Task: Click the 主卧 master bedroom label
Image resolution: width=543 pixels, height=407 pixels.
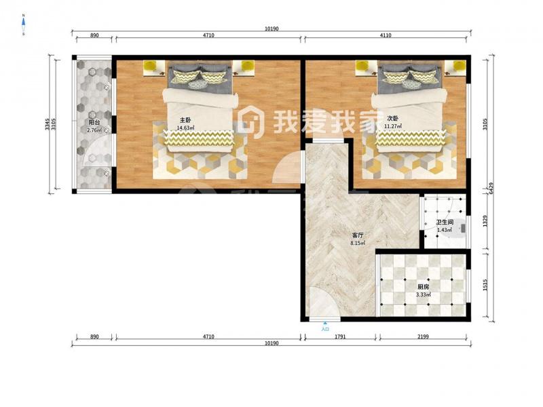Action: click(185, 120)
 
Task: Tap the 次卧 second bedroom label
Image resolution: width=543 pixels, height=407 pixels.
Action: click(392, 118)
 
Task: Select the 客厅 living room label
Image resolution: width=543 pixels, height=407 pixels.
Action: click(358, 235)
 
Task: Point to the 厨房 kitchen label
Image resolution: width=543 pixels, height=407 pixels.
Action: click(423, 287)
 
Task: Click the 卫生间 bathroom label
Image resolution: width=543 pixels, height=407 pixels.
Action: click(445, 222)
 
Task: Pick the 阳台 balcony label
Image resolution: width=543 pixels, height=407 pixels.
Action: click(94, 123)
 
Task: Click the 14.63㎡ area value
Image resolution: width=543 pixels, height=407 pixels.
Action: click(185, 128)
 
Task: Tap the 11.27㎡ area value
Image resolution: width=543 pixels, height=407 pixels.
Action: click(393, 126)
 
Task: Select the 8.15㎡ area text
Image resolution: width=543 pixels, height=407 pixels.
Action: click(358, 243)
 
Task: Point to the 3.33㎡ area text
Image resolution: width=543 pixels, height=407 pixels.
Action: click(423, 295)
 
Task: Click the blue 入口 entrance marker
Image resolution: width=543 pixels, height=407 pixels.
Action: click(325, 328)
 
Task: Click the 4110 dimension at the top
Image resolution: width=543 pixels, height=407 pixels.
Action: click(386, 35)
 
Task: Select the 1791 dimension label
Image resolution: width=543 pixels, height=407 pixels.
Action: click(340, 336)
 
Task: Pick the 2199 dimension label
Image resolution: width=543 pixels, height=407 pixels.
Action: click(423, 336)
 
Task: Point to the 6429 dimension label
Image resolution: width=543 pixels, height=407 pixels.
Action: click(491, 189)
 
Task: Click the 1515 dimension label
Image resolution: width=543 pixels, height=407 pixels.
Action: click(485, 285)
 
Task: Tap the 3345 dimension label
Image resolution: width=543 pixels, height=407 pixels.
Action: click(47, 125)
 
